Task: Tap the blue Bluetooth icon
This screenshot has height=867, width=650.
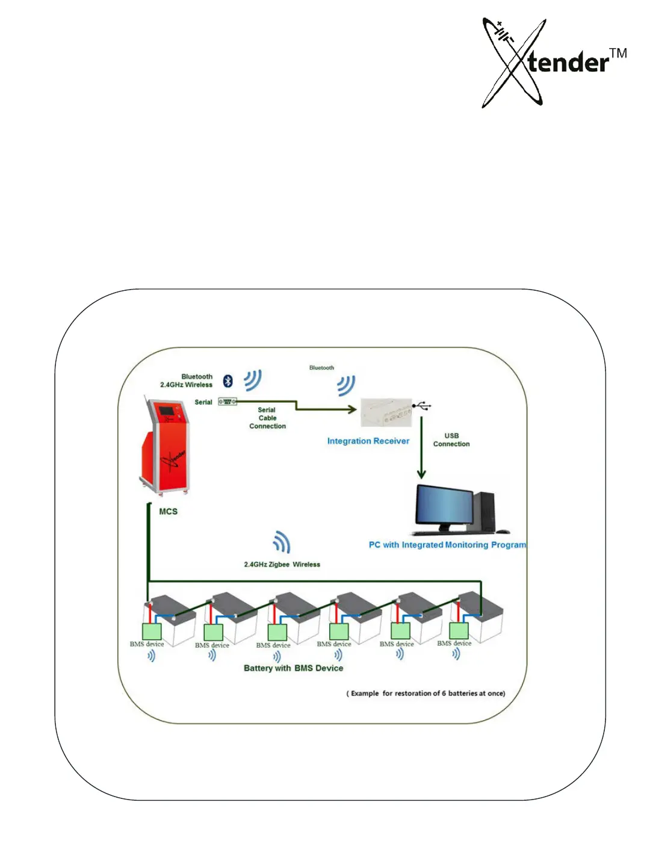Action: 228,381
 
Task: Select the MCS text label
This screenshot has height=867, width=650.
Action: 169,512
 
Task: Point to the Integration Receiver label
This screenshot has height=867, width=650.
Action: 368,441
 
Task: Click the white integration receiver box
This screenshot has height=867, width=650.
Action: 386,412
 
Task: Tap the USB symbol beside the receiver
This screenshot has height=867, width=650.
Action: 422,406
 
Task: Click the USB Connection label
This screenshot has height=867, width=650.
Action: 451,440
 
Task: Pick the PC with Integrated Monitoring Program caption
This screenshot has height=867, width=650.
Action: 447,545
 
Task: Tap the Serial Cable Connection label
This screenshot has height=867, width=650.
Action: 267,418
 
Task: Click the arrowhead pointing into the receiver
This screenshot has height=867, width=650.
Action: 351,409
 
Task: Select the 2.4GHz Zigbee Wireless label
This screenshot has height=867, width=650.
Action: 282,565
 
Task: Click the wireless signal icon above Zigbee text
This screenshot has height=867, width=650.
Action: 282,542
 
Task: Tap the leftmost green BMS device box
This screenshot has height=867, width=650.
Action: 152,631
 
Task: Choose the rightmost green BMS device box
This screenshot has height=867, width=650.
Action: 459,630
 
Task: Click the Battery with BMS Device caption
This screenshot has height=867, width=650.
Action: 293,668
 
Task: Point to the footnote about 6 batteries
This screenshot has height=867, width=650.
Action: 426,694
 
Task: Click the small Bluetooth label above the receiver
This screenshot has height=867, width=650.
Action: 321,368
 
